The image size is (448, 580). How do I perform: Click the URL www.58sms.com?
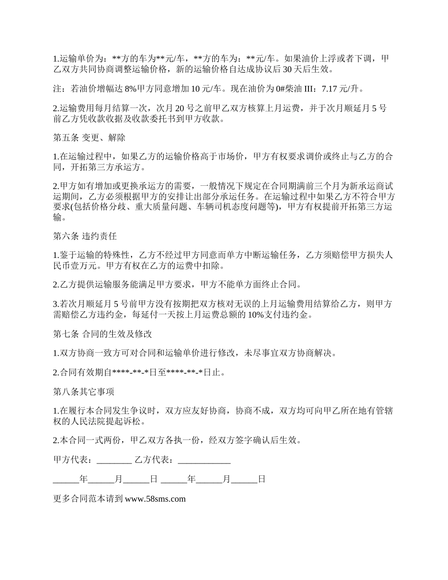point(155,498)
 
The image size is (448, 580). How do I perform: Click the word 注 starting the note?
point(57,88)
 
